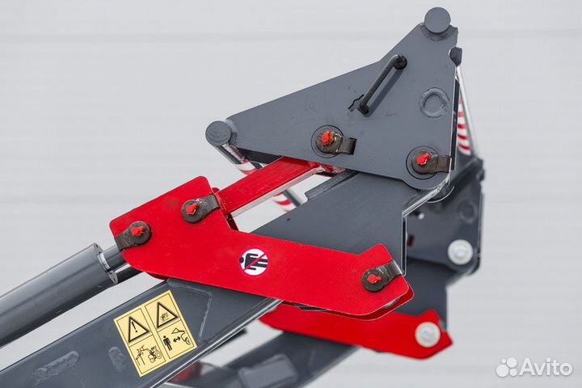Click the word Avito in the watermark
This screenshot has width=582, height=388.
pyautogui.click(x=546, y=367)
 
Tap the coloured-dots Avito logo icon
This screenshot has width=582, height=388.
pyautogui.click(x=507, y=367)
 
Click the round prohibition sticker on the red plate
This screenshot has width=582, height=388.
pyautogui.click(x=254, y=261)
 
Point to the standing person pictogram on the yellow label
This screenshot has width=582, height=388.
pyautogui.click(x=167, y=339)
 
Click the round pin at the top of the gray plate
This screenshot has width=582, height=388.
pyautogui.click(x=437, y=19)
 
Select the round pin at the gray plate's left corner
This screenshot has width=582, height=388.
pyautogui.click(x=219, y=133)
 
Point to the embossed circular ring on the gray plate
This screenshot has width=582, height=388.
pyautogui.click(x=434, y=103)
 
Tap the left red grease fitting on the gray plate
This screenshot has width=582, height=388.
pyautogui.click(x=327, y=138)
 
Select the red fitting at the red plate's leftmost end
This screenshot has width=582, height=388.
pyautogui.click(x=136, y=233)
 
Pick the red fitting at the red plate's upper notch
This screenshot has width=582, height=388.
pyautogui.click(x=192, y=209)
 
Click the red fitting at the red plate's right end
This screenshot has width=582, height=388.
pyautogui.click(x=375, y=278)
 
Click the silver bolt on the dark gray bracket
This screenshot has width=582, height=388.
pyautogui.click(x=460, y=251)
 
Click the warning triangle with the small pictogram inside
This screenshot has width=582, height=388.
pyautogui.click(x=167, y=313)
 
